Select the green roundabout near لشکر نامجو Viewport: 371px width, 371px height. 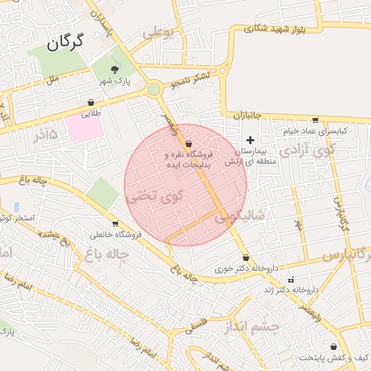(x=154, y=90)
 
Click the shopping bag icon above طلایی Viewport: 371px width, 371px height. (x=91, y=103)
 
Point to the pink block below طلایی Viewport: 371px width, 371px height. (x=86, y=128)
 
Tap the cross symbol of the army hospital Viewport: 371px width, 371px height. (x=251, y=140)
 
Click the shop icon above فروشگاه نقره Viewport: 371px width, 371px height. (x=188, y=143)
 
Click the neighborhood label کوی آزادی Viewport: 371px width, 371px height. (x=307, y=151)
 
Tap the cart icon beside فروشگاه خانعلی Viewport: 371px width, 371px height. (x=114, y=223)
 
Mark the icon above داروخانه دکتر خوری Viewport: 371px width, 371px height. (x=246, y=257)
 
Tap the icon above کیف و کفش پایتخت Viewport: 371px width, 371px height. (x=333, y=347)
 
